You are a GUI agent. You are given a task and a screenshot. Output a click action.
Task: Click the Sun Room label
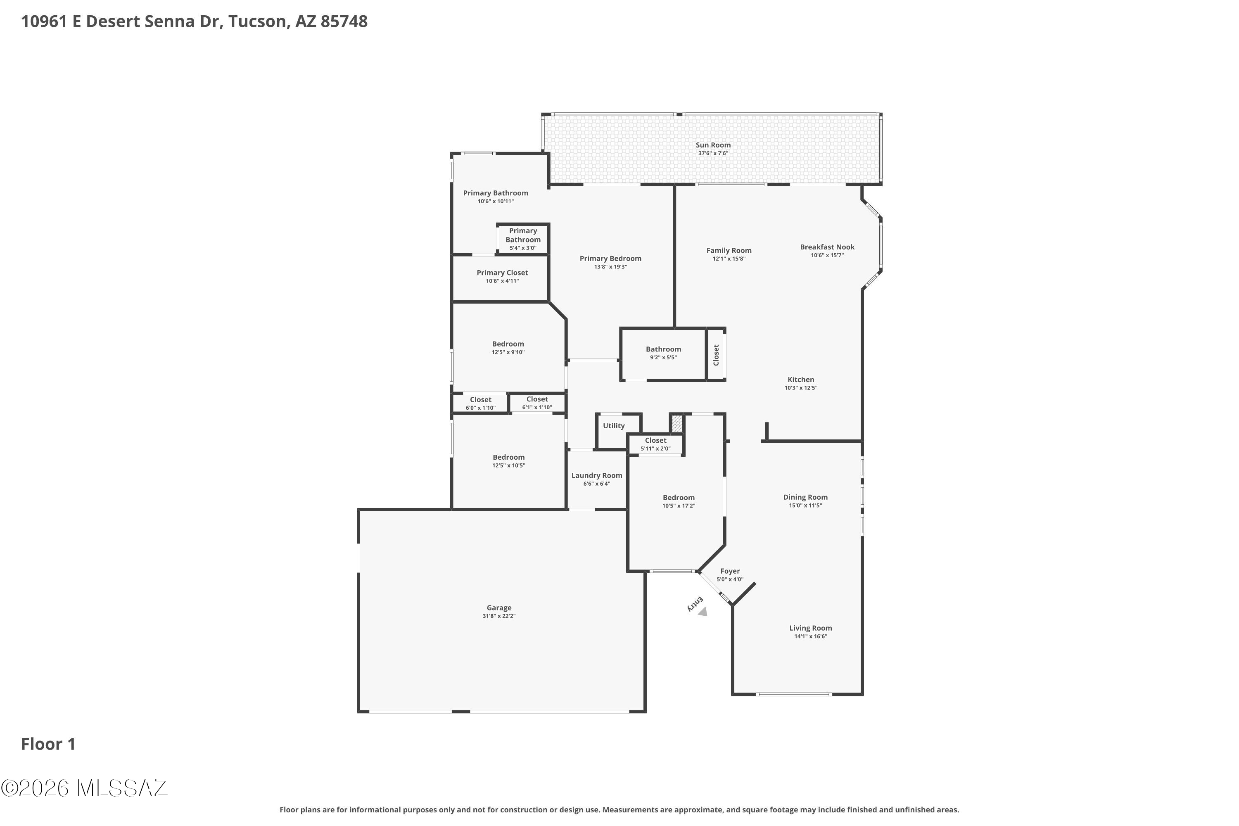(x=713, y=145)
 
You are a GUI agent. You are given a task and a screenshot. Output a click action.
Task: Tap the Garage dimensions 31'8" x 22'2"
(x=498, y=616)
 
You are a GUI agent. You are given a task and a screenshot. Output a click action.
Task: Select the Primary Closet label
(x=502, y=273)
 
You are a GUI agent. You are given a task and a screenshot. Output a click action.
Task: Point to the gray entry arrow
(x=702, y=611)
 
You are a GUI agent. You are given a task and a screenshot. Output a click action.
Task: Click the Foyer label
(x=730, y=571)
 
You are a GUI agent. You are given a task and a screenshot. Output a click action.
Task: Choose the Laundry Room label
(x=596, y=476)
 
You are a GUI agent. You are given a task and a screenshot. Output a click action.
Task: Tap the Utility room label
(x=614, y=426)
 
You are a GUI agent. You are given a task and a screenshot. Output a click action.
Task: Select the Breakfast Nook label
(x=827, y=247)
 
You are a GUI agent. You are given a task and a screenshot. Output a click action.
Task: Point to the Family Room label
(x=729, y=251)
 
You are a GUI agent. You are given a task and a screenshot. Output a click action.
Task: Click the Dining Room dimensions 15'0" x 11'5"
(x=805, y=506)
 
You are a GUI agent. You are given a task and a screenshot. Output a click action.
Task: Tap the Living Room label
(x=810, y=628)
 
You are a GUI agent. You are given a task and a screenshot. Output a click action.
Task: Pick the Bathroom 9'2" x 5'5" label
(x=663, y=349)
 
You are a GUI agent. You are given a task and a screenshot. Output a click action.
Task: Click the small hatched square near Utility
(x=676, y=424)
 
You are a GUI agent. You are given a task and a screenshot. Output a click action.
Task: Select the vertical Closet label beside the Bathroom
(x=716, y=355)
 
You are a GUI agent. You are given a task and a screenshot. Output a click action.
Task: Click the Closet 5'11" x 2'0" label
(x=655, y=440)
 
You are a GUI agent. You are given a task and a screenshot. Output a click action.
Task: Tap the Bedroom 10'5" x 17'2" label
(x=679, y=498)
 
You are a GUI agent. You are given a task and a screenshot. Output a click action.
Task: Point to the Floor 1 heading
(x=48, y=744)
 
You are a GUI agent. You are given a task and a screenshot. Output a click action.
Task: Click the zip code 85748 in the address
(x=344, y=21)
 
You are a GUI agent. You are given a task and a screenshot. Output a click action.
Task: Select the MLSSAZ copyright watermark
(x=84, y=788)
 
